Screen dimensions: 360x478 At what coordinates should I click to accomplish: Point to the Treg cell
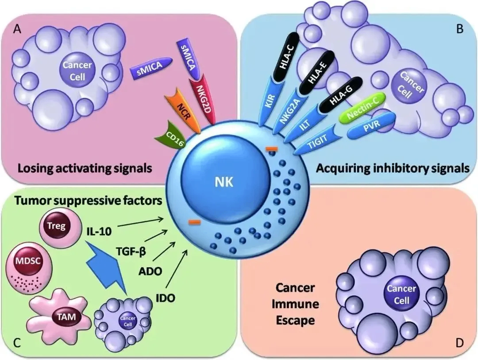click(x=59, y=227)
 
